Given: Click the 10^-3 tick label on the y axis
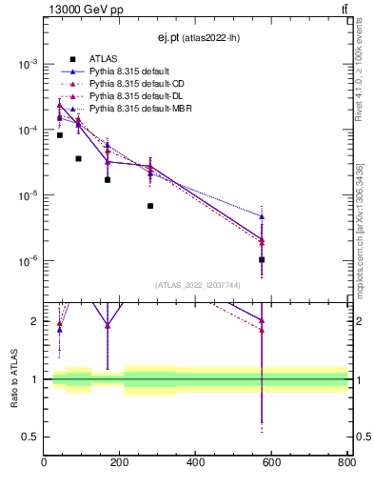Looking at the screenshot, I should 26,64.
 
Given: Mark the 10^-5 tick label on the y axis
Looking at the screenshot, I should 26,195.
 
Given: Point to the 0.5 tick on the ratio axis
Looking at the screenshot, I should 30,437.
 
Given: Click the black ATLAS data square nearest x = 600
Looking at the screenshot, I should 262,259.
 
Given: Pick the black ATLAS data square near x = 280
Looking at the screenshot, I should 150,206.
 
